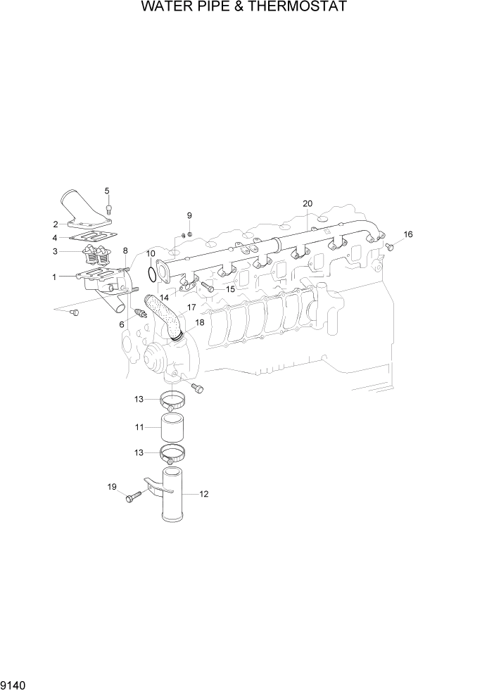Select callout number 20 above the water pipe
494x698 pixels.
coord(308,203)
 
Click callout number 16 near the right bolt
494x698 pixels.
coord(408,234)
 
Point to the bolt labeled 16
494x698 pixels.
coord(389,246)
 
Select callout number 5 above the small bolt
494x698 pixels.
coord(108,191)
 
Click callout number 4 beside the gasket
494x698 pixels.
coord(55,237)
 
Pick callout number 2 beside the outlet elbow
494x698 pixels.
coord(55,224)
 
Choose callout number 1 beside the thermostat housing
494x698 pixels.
coord(54,277)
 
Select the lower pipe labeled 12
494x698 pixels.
coord(176,496)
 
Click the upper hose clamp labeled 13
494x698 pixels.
coord(175,402)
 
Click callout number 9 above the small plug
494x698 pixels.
coord(189,215)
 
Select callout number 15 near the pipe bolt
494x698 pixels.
coord(229,288)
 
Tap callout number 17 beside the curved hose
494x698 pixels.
coord(191,307)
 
